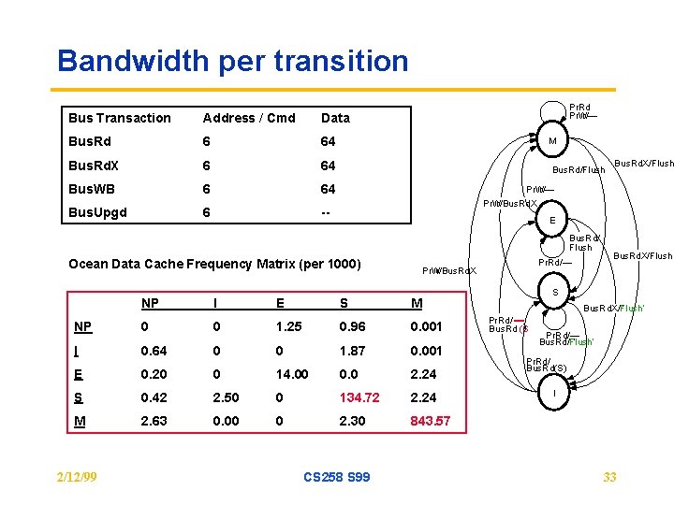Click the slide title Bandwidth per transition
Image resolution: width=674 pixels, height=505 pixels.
(x=232, y=62)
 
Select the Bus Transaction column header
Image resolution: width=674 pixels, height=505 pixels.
(x=120, y=118)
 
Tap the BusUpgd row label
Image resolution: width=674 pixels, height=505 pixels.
(x=97, y=213)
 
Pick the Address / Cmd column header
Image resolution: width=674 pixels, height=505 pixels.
(x=249, y=118)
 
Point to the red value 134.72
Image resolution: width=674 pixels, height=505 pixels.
(x=359, y=397)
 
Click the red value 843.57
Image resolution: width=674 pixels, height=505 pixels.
(x=431, y=421)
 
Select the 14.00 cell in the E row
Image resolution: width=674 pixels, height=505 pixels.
(x=292, y=374)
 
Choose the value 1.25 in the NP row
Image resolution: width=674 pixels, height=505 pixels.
(x=288, y=326)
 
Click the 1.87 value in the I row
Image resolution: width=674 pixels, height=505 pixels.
(x=352, y=350)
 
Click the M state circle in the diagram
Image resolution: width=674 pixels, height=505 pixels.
(x=552, y=141)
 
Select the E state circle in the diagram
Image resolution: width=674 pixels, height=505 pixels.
(x=552, y=221)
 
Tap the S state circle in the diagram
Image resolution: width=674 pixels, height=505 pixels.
(x=555, y=294)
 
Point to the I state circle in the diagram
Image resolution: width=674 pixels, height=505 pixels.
(x=555, y=394)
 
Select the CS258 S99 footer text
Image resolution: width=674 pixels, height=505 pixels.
(x=337, y=477)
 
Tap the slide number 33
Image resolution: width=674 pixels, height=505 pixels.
(x=609, y=477)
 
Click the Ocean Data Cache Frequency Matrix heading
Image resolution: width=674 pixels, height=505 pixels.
(x=214, y=264)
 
